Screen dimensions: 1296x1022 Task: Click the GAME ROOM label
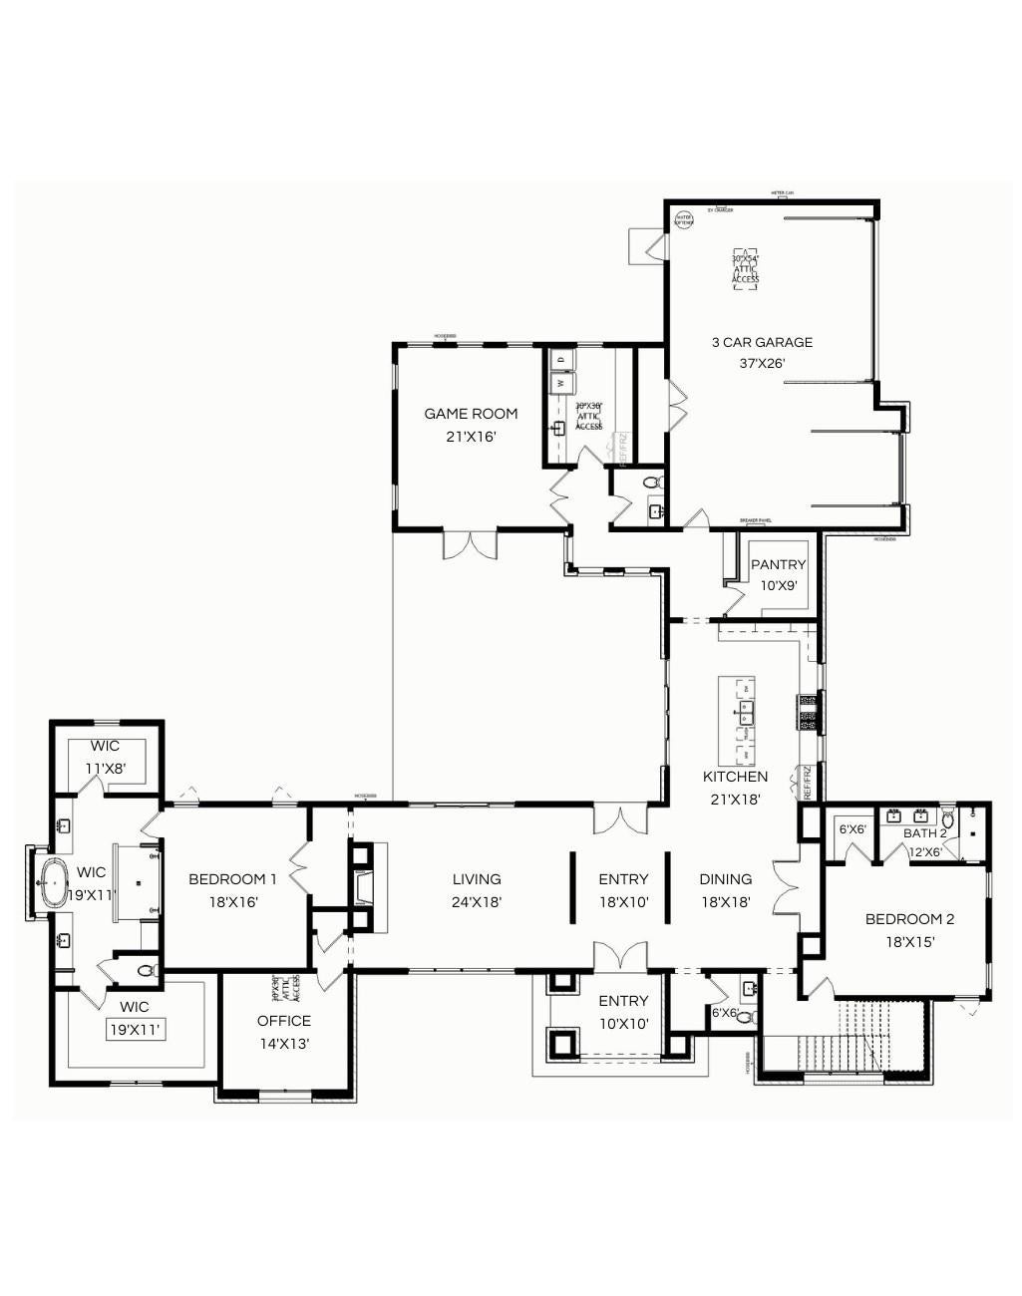point(471,414)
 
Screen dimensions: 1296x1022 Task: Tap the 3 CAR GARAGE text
point(762,342)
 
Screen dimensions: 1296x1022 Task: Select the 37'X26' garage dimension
point(762,364)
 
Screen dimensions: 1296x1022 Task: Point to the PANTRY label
point(778,565)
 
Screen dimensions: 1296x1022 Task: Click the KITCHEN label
point(735,777)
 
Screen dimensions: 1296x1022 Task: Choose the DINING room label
point(725,879)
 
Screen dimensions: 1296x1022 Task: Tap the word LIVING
point(477,879)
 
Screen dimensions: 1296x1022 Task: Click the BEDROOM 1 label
point(232,879)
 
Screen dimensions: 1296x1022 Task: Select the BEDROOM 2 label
point(909,919)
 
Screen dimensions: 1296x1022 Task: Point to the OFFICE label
point(284,1021)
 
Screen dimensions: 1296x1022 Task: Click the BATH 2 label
point(924,833)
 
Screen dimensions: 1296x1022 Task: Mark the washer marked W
point(561,382)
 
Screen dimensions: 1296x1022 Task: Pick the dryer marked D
point(561,358)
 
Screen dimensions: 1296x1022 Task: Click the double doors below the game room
point(469,544)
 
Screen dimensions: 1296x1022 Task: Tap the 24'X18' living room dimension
point(477,902)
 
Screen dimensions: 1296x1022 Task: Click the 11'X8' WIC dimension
point(105,769)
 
